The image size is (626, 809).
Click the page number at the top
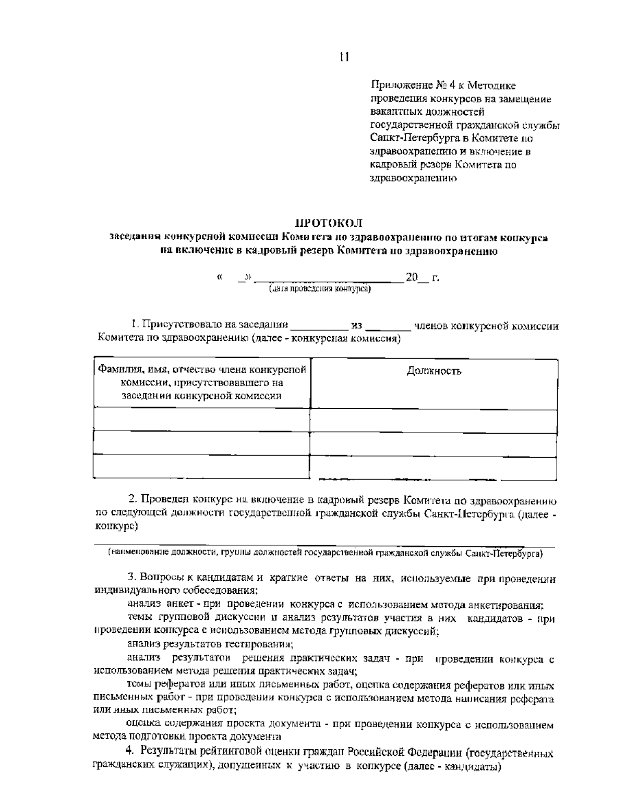344,57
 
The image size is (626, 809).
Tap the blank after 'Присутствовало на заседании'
319,327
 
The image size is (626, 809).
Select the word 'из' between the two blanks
357,326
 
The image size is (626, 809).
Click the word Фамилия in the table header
113,370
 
